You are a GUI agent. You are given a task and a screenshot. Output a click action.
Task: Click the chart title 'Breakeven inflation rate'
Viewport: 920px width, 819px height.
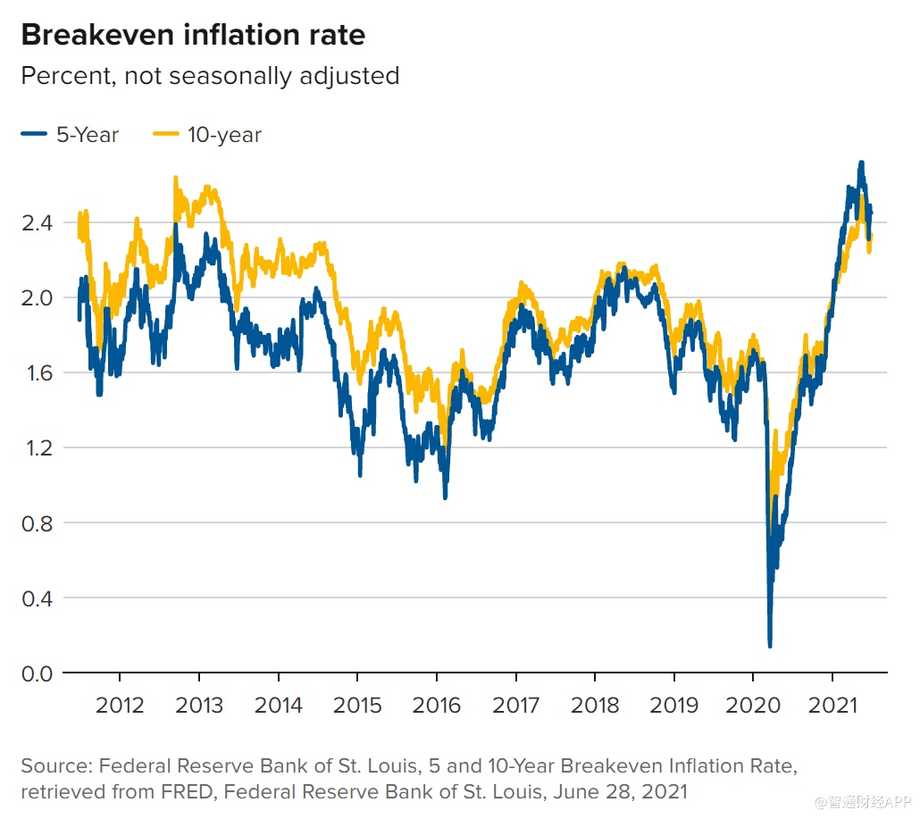coord(193,35)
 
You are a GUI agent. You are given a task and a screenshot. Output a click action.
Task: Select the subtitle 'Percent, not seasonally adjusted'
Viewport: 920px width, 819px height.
coord(210,76)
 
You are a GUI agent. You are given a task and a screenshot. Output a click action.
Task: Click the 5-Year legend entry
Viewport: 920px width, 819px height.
coord(71,135)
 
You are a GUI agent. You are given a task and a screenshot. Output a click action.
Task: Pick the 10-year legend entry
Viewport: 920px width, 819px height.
coord(209,135)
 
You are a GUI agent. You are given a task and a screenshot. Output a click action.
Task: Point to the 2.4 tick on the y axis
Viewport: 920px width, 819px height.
coord(37,222)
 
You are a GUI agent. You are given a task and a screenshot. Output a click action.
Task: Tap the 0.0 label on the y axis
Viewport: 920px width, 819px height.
coord(37,673)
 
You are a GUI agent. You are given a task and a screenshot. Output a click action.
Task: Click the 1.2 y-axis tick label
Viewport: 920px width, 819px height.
coord(37,447)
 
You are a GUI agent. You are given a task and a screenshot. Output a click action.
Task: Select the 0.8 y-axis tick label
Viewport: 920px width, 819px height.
coord(37,522)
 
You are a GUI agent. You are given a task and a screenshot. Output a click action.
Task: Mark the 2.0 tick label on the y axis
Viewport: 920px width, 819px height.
coord(37,297)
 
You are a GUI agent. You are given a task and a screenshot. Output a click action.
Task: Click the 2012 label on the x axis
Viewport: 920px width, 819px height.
coord(120,706)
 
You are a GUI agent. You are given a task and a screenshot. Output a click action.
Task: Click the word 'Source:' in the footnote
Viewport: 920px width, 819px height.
coord(55,766)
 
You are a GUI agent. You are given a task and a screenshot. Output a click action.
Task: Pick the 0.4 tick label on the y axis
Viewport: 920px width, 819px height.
coord(37,598)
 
